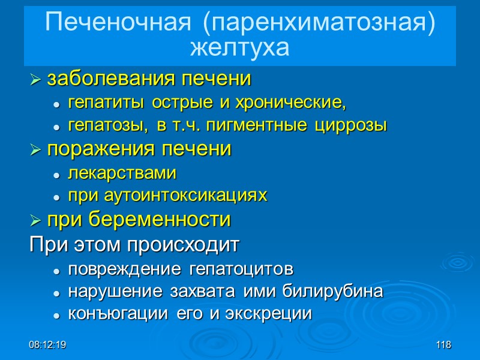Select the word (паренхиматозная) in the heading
click(x=319, y=23)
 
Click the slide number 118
click(x=444, y=345)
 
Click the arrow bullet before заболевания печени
click(x=36, y=79)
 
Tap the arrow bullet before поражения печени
click(x=36, y=149)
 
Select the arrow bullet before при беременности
click(x=36, y=220)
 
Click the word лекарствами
click(x=122, y=173)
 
